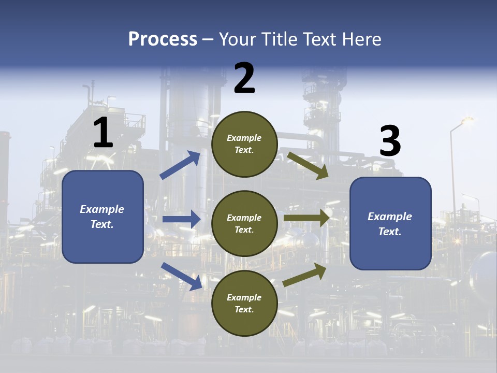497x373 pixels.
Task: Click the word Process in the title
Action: [163, 39]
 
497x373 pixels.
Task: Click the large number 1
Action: [103, 133]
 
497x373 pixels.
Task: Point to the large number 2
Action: [244, 78]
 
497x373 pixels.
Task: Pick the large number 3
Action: [390, 141]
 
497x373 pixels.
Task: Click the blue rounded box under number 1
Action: [103, 217]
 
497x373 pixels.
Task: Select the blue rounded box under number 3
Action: [390, 224]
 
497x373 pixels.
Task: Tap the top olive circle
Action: [244, 144]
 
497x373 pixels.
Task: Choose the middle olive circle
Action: [244, 224]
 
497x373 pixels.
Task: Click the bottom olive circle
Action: [244, 304]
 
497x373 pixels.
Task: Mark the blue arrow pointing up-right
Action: [181, 165]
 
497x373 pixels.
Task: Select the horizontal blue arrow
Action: [181, 219]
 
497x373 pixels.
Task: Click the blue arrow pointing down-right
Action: [182, 276]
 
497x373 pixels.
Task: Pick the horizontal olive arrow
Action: [306, 218]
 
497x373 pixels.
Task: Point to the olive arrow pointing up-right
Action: [304, 275]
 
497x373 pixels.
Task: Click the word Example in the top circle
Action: [244, 138]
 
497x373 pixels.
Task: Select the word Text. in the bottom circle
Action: [244, 310]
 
